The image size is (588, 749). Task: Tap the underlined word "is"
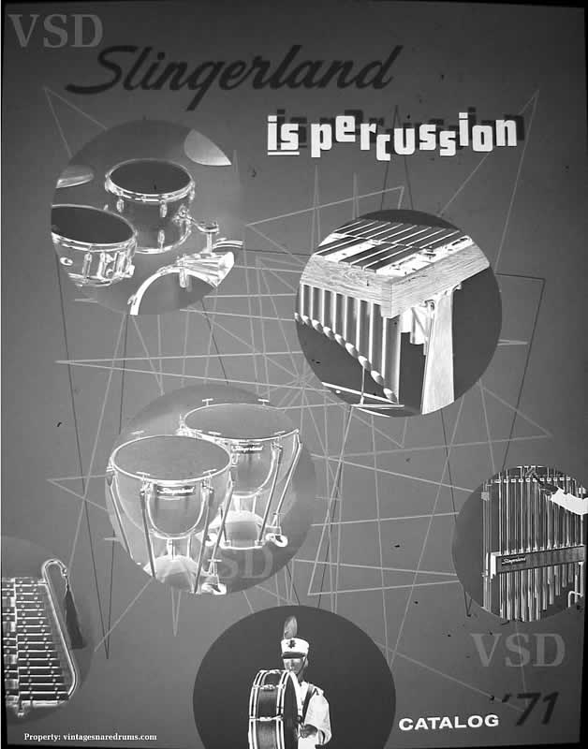tap(284, 136)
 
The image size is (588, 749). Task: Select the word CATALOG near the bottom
tap(448, 722)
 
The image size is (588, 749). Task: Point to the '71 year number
tap(530, 709)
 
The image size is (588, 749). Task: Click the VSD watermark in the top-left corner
tap(55, 31)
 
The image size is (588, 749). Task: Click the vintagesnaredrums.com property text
tap(90, 736)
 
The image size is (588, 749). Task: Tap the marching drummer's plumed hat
tap(294, 638)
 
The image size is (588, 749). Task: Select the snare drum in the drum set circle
tap(93, 243)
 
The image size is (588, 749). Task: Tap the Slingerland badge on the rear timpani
tap(248, 448)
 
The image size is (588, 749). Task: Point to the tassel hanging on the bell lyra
tap(74, 617)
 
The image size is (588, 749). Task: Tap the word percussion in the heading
tap(414, 137)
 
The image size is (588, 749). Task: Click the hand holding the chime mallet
tap(568, 500)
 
